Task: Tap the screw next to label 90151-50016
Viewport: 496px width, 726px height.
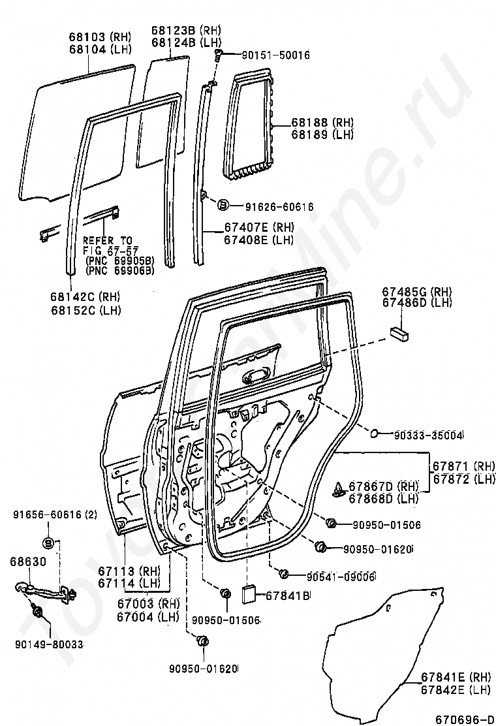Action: click(219, 56)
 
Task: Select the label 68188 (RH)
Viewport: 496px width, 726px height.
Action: click(322, 123)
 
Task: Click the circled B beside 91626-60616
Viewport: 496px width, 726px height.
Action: click(222, 206)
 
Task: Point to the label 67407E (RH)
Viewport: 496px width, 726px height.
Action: click(259, 228)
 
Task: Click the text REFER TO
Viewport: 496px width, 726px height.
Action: click(107, 240)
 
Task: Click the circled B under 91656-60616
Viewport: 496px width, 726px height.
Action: click(50, 543)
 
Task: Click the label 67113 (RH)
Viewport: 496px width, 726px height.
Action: click(129, 571)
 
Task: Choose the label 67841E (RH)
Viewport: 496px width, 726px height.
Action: click(456, 677)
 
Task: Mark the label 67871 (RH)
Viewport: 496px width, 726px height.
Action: click(463, 466)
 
